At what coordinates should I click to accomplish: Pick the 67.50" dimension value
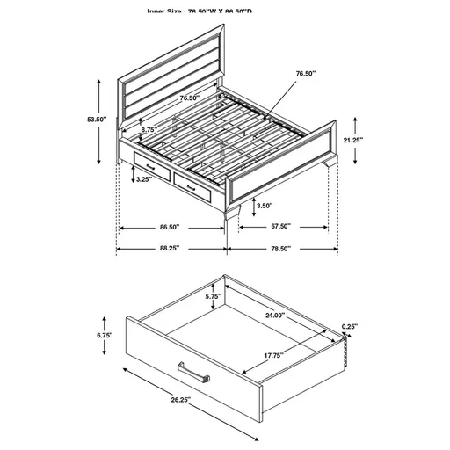pyautogui.click(x=280, y=226)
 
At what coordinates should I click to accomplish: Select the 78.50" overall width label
pyautogui.click(x=280, y=249)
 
